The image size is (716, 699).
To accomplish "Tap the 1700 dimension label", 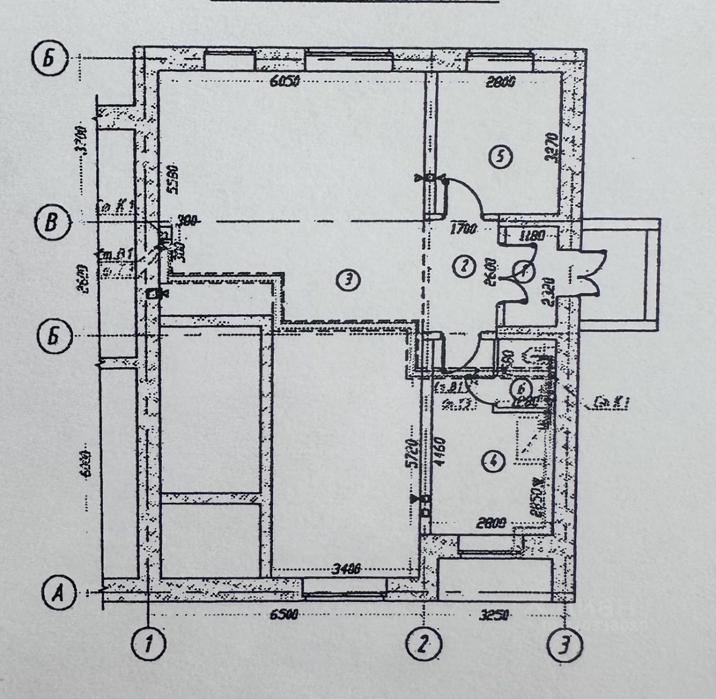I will pyautogui.click(x=463, y=228).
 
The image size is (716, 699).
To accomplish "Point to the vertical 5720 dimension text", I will pyautogui.click(x=413, y=454).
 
